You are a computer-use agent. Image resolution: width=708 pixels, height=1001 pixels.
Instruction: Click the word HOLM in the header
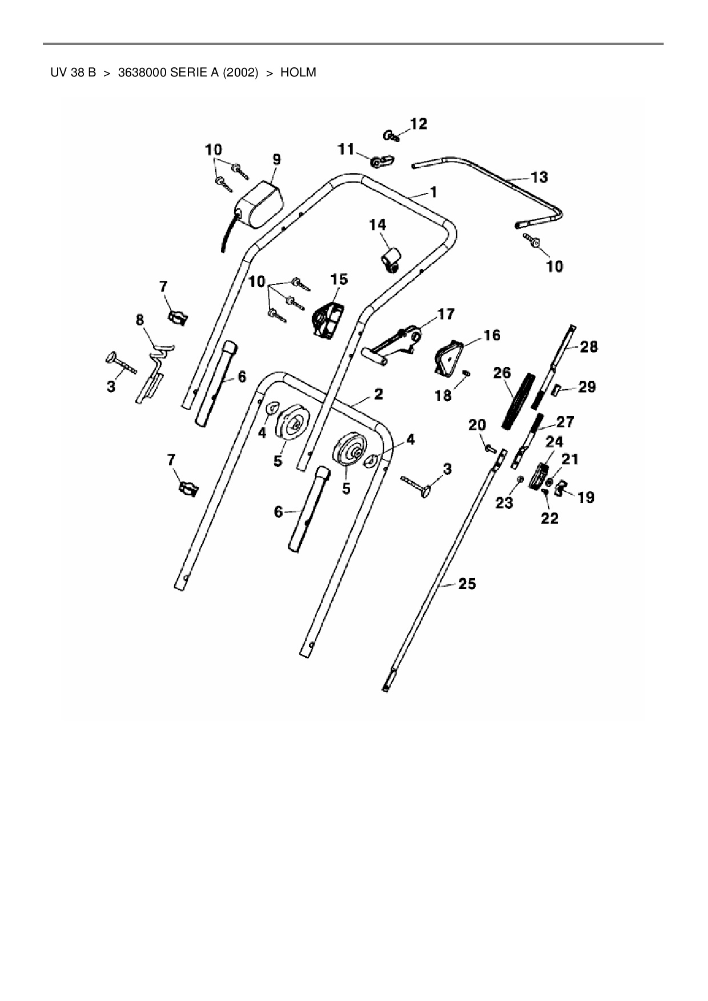point(297,73)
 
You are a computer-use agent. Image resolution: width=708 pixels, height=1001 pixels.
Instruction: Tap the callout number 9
point(276,159)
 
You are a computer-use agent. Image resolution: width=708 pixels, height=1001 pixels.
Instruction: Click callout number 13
point(539,177)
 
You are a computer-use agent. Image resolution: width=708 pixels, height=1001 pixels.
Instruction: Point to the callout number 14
point(377,225)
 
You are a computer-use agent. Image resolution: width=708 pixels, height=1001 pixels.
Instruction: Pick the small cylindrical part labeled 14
point(391,259)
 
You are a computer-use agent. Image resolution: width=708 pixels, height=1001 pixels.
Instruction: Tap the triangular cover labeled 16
point(449,357)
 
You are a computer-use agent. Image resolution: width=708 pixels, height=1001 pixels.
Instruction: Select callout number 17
point(446,314)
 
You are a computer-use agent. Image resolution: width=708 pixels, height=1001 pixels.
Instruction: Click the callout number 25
point(467,584)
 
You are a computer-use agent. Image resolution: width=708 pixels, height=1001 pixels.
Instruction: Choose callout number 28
point(589,346)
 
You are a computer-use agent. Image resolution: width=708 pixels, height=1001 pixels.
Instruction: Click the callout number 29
point(587,387)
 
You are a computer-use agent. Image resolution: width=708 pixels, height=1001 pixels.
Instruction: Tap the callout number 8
point(140,320)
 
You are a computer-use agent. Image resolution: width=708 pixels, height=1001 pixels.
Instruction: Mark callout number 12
point(419,124)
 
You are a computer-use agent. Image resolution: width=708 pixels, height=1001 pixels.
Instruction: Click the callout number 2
point(378,394)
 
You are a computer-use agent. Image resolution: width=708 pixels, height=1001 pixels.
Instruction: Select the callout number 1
point(433,192)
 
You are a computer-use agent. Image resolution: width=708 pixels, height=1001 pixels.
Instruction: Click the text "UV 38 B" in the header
point(73,73)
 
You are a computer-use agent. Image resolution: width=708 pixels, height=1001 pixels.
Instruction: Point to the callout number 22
point(549,518)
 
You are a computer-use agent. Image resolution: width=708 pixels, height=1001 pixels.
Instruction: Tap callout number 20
point(477,425)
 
